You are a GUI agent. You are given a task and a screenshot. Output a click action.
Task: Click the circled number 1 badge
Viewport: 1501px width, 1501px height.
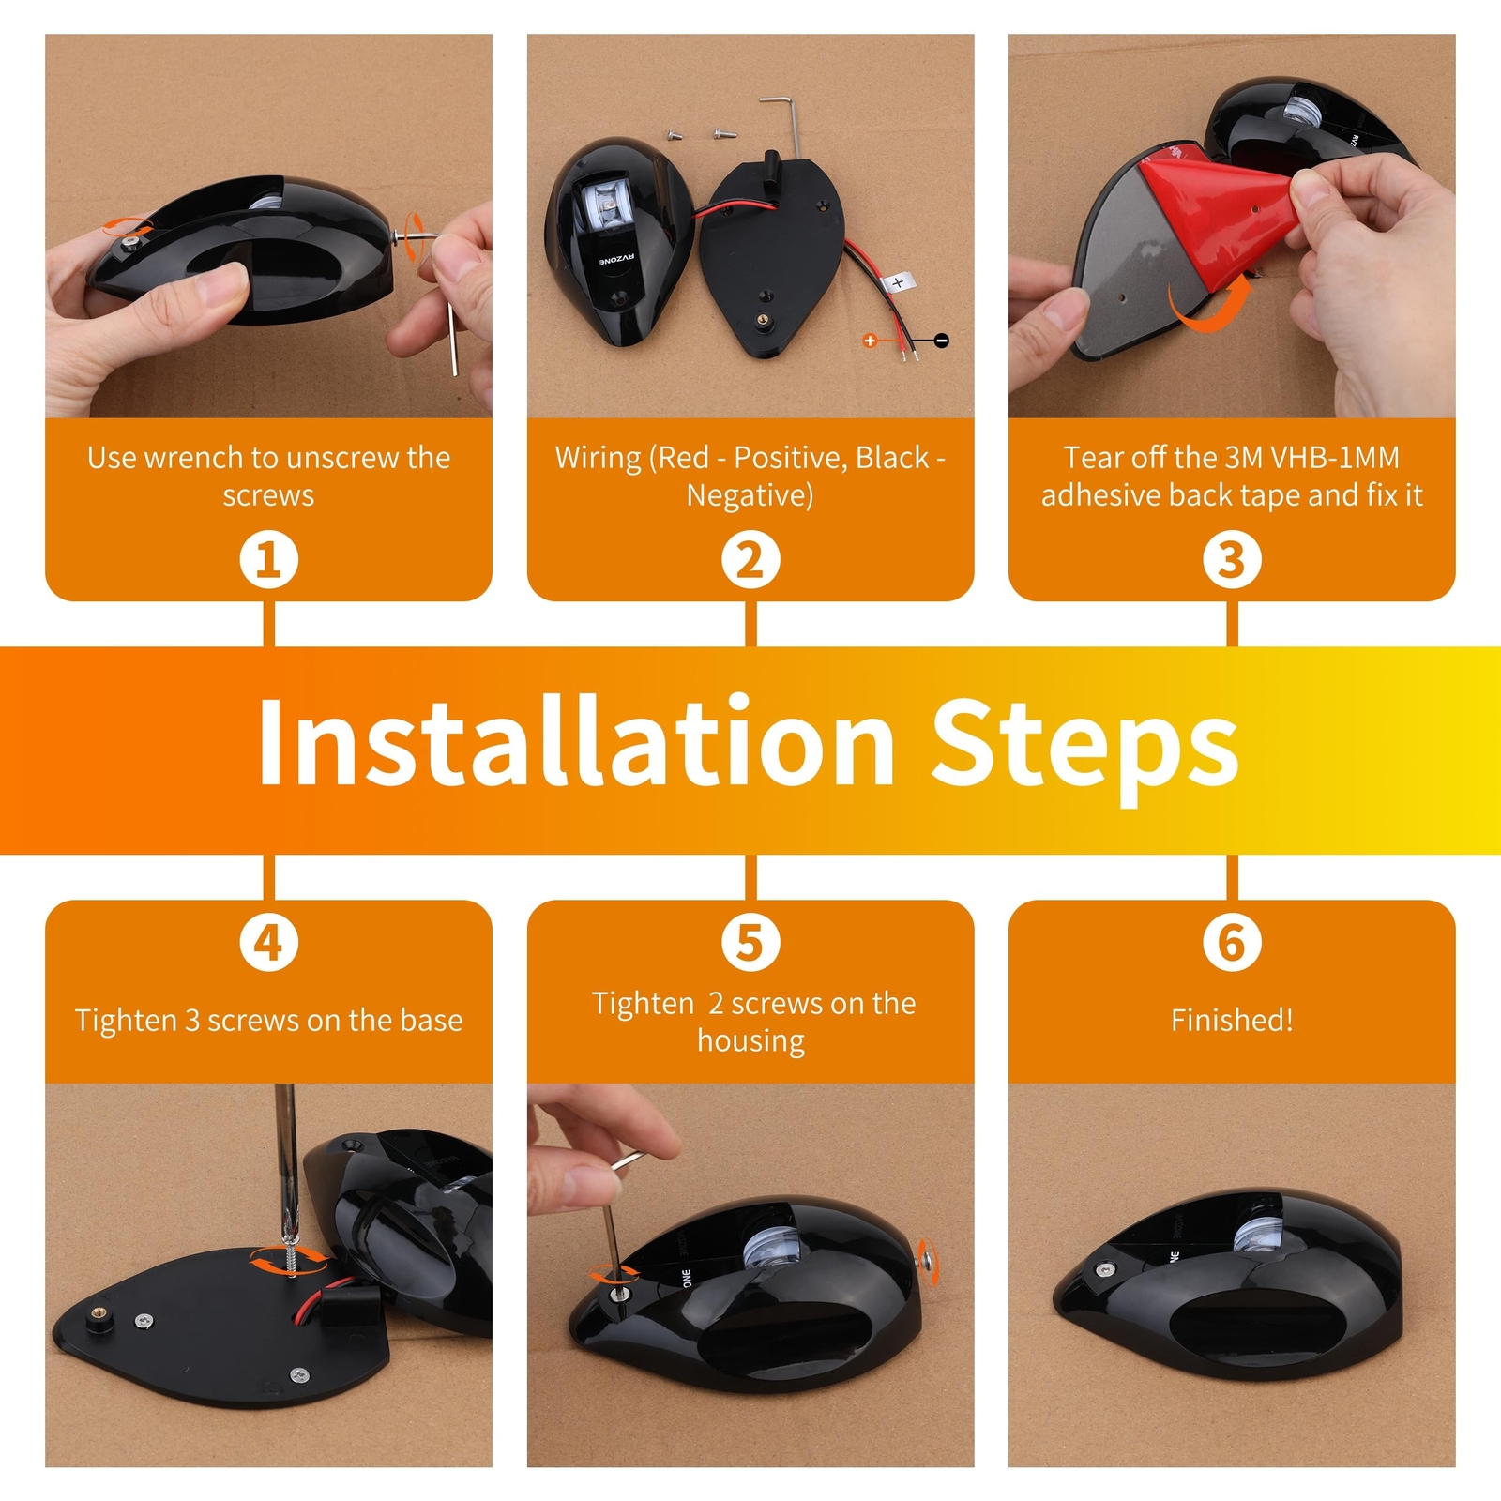click(x=269, y=560)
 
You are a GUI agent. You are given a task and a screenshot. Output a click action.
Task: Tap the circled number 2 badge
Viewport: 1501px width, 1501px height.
click(x=750, y=560)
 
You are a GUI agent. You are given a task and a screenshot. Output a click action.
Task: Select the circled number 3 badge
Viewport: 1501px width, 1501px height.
click(x=1232, y=560)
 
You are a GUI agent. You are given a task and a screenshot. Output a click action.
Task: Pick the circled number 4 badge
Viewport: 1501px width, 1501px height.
click(x=269, y=943)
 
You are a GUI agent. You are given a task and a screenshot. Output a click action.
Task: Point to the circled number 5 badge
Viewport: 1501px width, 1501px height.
click(x=750, y=943)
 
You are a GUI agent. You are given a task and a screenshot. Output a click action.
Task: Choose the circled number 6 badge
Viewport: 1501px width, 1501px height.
click(x=1232, y=943)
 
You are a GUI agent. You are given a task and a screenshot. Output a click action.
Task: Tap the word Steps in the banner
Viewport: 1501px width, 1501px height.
click(x=1084, y=750)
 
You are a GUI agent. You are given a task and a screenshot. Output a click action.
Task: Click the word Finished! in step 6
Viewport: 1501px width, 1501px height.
click(x=1232, y=1020)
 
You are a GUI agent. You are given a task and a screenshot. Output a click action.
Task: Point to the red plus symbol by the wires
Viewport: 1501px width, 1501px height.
click(x=870, y=341)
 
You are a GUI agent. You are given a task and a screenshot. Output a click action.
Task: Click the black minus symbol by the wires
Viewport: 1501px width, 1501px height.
click(x=942, y=341)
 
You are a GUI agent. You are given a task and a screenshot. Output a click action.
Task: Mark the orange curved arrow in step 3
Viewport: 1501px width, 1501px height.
click(x=1210, y=308)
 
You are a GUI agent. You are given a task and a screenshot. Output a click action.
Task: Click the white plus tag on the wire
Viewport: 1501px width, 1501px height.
click(x=898, y=281)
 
